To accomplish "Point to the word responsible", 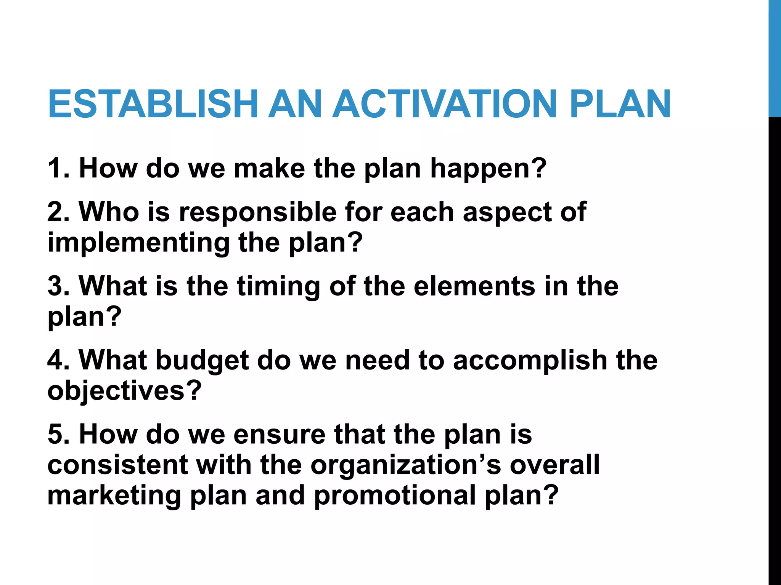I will point(257,213).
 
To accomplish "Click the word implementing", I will point(138,243).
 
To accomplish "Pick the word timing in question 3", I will point(278,286).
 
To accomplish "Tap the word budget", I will point(202,361).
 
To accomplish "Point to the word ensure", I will point(279,435).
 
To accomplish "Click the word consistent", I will point(117,465).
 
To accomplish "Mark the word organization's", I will point(406,465).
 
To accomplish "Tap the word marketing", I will point(114,496).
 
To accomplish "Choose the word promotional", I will point(395,496).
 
